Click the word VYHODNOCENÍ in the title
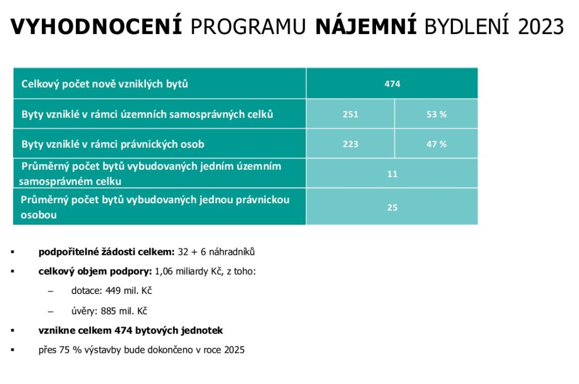click(x=96, y=27)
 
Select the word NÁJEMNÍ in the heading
click(x=365, y=27)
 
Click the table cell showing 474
click(x=392, y=84)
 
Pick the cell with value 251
click(x=350, y=114)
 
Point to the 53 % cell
click(x=436, y=114)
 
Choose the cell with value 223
click(x=350, y=144)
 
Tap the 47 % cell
click(x=436, y=144)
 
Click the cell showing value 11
click(x=392, y=174)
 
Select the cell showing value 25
click(x=392, y=207)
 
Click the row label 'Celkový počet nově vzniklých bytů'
click(x=105, y=84)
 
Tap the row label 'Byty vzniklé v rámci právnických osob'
click(x=113, y=144)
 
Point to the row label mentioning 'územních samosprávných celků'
click(x=147, y=114)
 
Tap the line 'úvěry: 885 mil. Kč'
click(x=110, y=310)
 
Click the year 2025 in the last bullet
click(x=234, y=349)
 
